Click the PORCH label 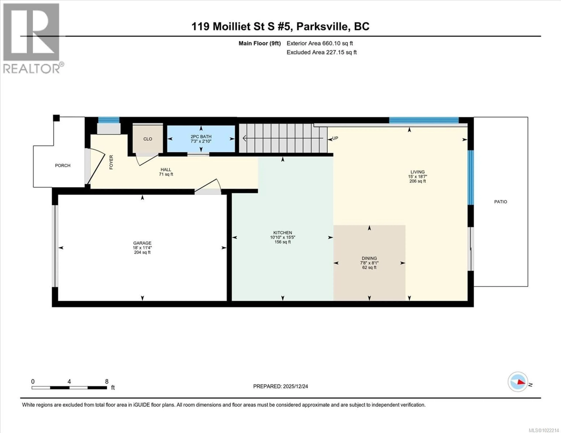[x=63, y=165]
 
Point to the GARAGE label [x=142, y=243]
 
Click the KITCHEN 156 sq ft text [x=283, y=242]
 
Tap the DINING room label [x=369, y=258]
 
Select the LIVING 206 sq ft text [x=417, y=181]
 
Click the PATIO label [x=500, y=202]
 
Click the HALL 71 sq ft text [x=166, y=174]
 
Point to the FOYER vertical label [x=111, y=162]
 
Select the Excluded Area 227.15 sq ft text [x=322, y=52]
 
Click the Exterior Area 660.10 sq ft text [x=320, y=43]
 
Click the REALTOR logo [x=31, y=39]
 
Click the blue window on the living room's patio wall [x=470, y=177]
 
